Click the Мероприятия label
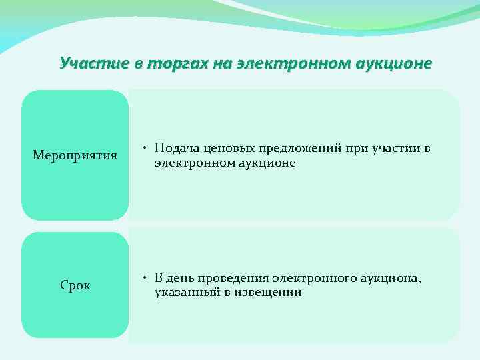(x=75, y=156)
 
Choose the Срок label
(x=75, y=285)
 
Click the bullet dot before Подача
(x=145, y=149)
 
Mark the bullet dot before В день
(x=145, y=278)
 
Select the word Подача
(x=175, y=149)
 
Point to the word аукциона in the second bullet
(x=386, y=278)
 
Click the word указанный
(x=183, y=292)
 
